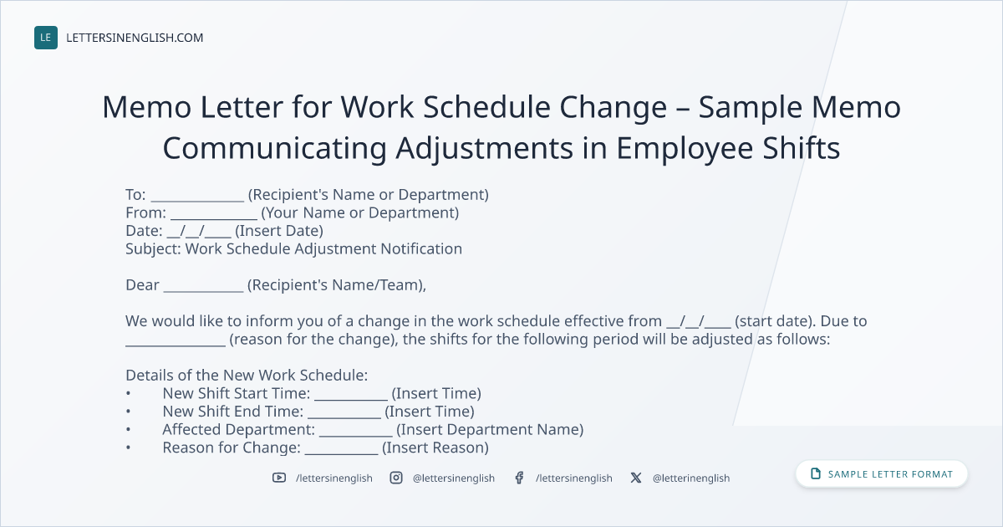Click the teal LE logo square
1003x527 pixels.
46,38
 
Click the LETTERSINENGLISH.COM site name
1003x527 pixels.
135,38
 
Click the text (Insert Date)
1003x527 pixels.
279,231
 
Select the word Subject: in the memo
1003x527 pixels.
153,249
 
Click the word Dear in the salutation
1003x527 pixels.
142,285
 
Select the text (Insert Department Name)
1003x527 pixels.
490,430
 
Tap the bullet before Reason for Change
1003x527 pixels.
129,448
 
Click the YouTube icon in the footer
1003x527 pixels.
279,478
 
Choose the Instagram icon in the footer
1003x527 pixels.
396,478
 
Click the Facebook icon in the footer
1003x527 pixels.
519,478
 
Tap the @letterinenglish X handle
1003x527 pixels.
691,478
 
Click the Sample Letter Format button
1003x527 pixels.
882,474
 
